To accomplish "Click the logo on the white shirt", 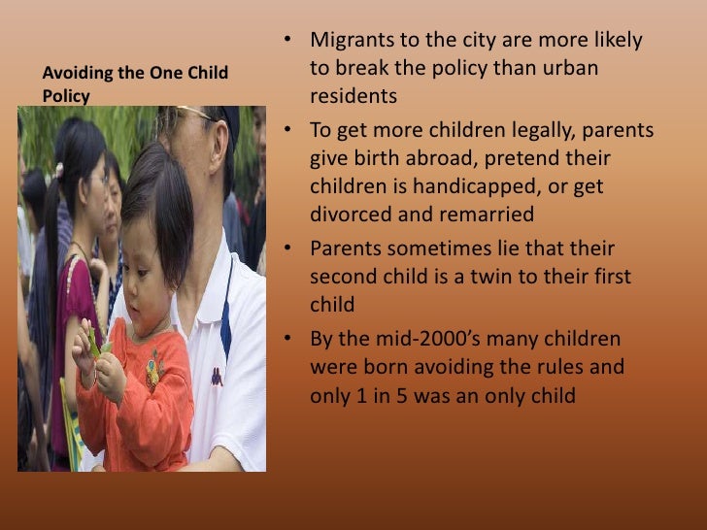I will coord(217,376).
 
